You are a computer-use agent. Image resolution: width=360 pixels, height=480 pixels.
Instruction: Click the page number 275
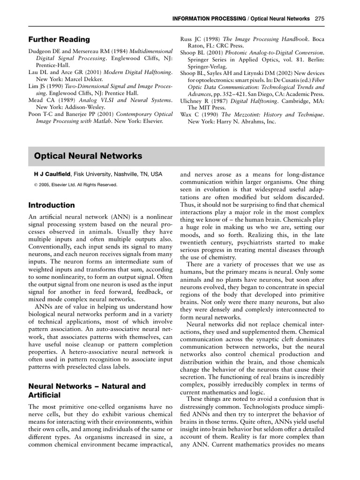(x=320, y=19)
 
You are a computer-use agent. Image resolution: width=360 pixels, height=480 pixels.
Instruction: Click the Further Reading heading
(x=59, y=39)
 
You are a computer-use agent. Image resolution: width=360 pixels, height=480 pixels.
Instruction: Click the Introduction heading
(x=52, y=205)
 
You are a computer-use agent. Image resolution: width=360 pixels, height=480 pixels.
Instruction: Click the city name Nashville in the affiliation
(x=124, y=174)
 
